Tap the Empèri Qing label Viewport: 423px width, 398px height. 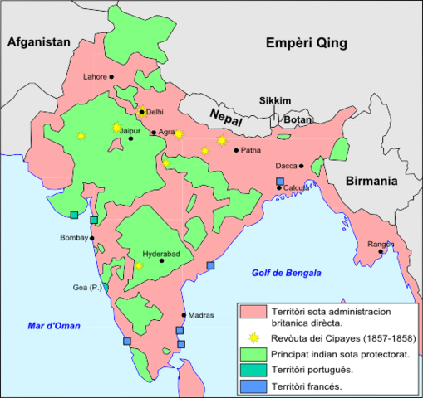tap(307, 44)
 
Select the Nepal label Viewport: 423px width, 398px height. tap(225, 115)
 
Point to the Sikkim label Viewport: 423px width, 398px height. tap(275, 100)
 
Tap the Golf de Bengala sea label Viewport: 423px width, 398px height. tap(287, 273)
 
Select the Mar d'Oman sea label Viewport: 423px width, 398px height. tap(53, 326)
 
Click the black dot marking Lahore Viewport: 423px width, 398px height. tap(112, 77)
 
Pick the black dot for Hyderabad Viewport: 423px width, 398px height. tap(162, 260)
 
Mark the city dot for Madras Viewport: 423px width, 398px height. tap(184, 315)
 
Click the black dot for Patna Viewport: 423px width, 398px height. tap(236, 150)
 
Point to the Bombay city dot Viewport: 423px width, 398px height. tap(92, 238)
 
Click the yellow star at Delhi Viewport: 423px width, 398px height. tap(141, 112)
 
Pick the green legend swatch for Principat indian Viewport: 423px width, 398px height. tap(252, 354)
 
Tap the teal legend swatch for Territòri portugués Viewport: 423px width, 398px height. tap(252, 370)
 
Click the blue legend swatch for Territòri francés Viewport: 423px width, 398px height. tap(252, 386)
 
